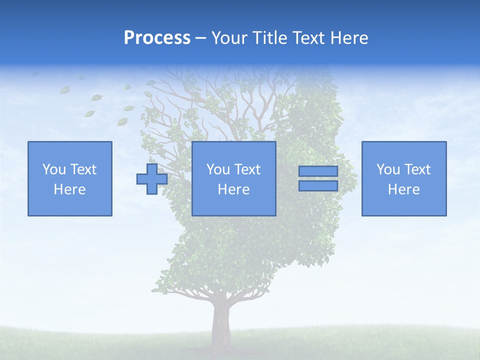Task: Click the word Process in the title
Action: [x=157, y=38]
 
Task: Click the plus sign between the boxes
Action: [x=152, y=179]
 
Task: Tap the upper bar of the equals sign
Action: [x=318, y=171]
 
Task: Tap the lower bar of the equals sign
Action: [x=318, y=185]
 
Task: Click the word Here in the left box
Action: [x=70, y=189]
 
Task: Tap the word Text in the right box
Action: [x=418, y=169]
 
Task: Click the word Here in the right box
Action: [x=404, y=189]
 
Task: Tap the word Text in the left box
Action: [x=84, y=169]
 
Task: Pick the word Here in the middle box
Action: [x=234, y=189]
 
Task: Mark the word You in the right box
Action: [x=388, y=169]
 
